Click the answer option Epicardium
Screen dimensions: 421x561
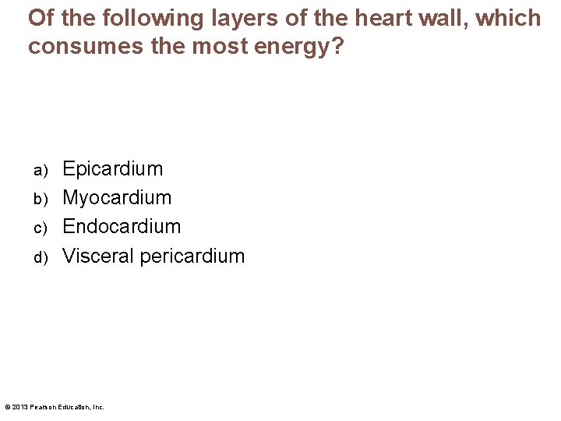point(113,169)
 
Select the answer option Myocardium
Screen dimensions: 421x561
point(117,198)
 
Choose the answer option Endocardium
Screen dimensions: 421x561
point(122,227)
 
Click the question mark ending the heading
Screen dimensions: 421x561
point(337,46)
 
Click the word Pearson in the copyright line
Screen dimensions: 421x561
point(43,407)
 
